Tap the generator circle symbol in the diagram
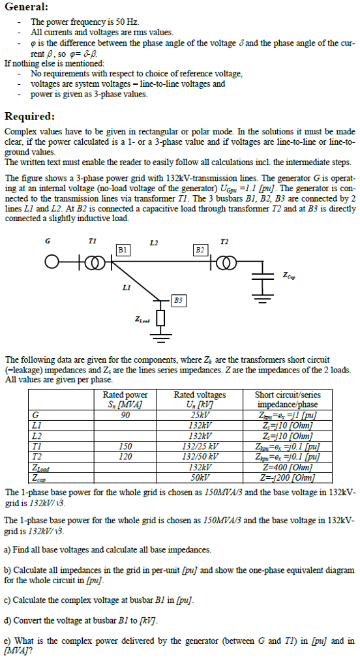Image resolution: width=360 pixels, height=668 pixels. pyautogui.click(x=50, y=262)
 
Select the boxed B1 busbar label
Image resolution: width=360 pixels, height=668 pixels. pyautogui.click(x=123, y=249)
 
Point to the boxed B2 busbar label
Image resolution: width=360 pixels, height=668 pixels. pyautogui.click(x=201, y=249)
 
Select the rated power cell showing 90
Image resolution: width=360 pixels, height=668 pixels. pyautogui.click(x=125, y=416)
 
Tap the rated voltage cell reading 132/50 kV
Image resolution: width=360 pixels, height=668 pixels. pyautogui.click(x=201, y=457)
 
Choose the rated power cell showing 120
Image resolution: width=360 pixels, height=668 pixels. pyautogui.click(x=125, y=457)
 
